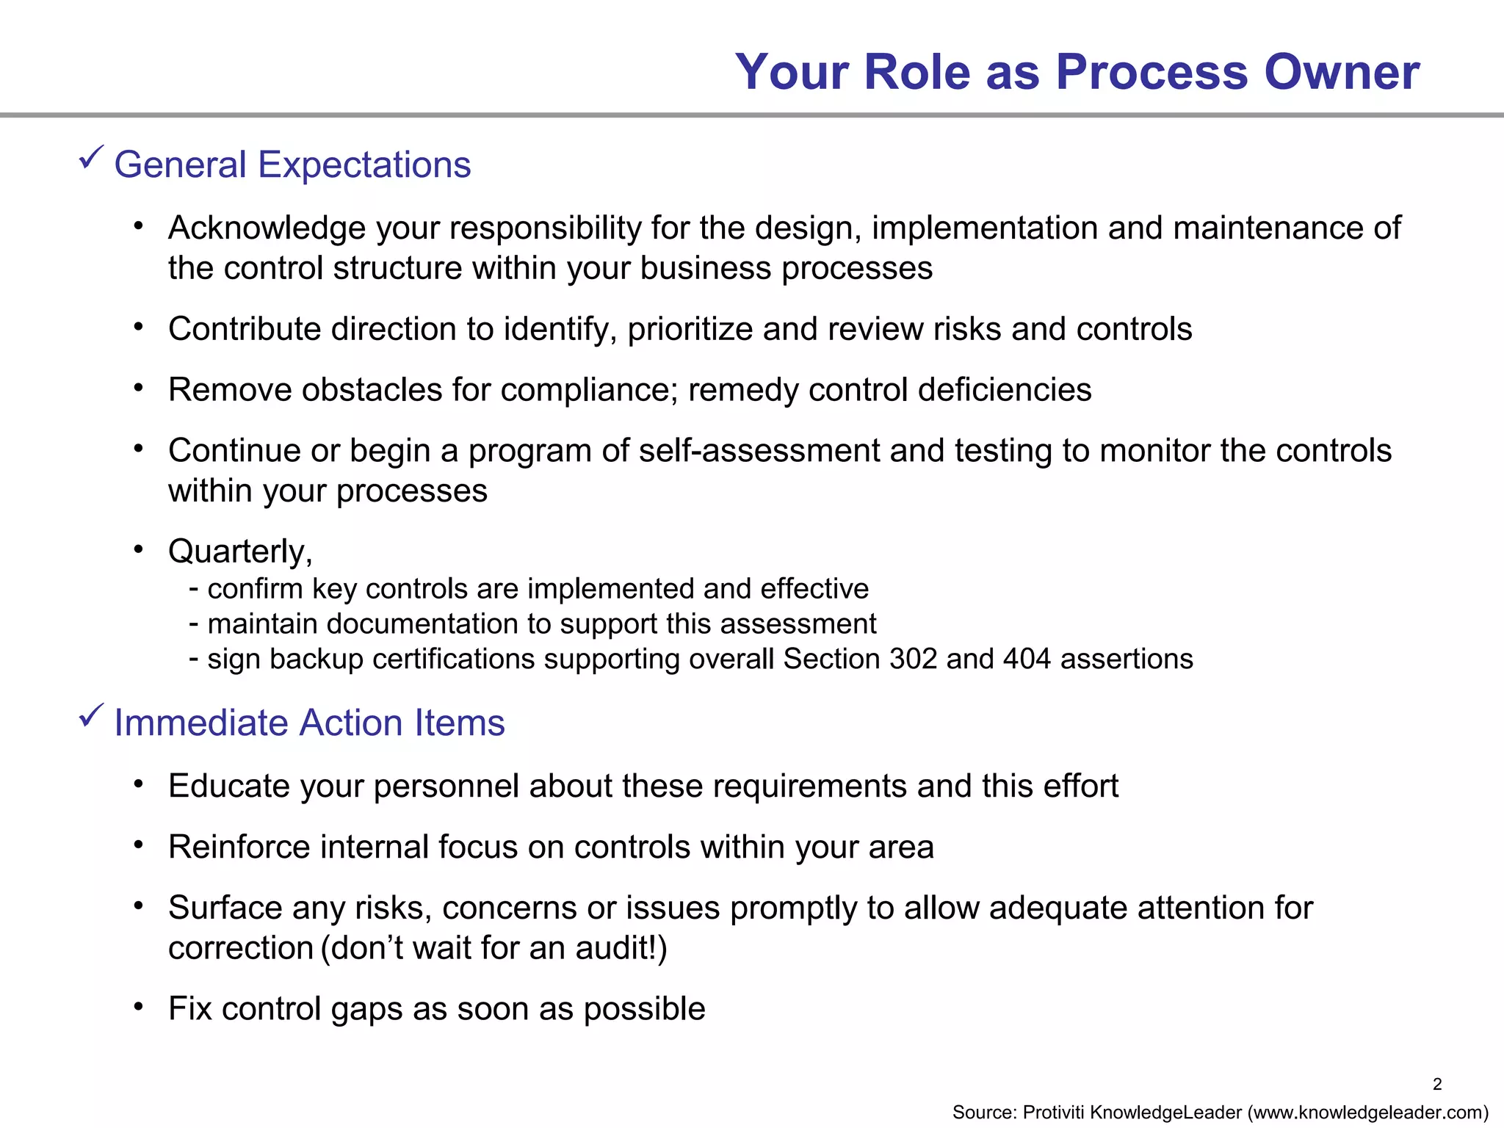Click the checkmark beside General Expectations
tap(91, 157)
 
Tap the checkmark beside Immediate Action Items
tap(91, 715)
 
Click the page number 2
tap(1437, 1084)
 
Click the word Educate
tap(229, 787)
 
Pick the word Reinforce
tap(239, 847)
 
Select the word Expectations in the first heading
tap(364, 164)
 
